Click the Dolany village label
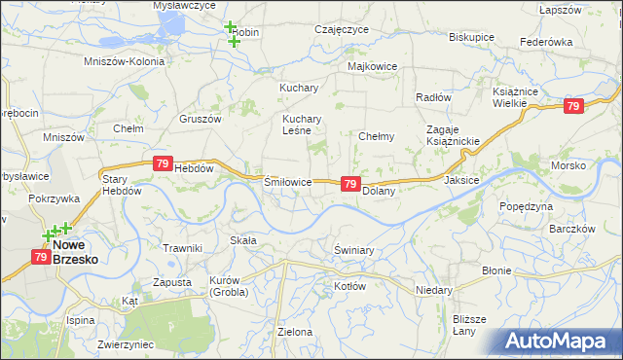[x=378, y=192]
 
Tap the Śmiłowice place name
[x=288, y=182]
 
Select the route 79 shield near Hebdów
[x=163, y=165]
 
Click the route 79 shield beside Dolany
[x=350, y=183]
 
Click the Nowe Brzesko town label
[x=81, y=252]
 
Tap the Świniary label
[x=353, y=250]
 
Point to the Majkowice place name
[x=372, y=66]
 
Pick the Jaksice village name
[x=461, y=180]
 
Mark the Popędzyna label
[x=526, y=206]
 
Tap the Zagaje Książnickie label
[x=453, y=136]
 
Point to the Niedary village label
[x=433, y=290]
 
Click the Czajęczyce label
[x=341, y=30]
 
